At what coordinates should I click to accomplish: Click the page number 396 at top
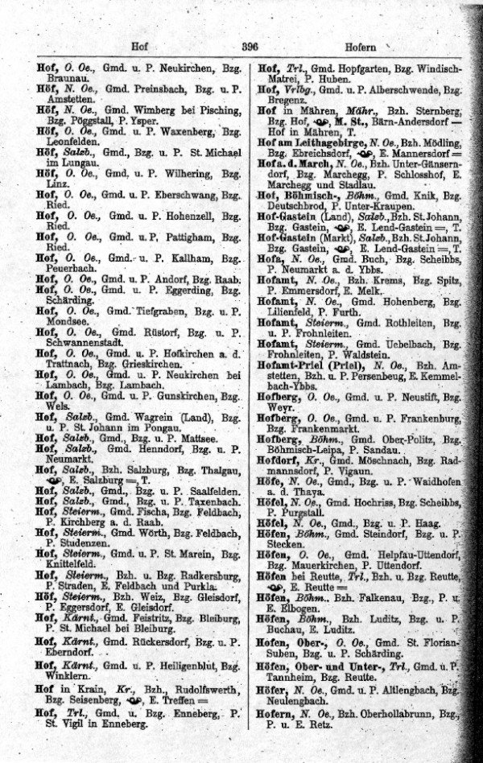(250, 47)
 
